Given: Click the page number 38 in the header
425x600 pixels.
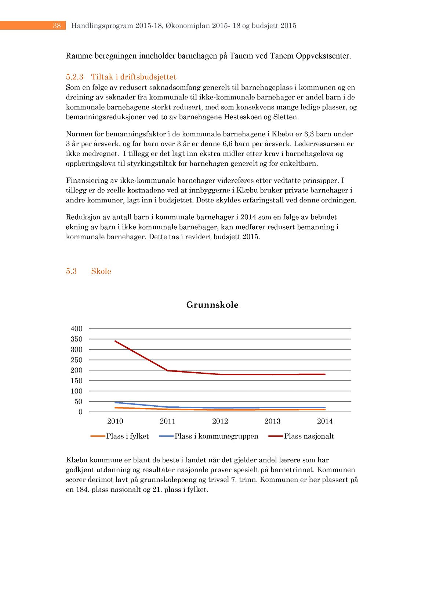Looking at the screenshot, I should pos(57,26).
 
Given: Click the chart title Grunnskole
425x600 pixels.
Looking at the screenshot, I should pos(212,305).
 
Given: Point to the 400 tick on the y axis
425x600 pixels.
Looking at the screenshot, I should pos(77,329).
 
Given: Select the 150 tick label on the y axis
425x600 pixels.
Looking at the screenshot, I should pos(77,381).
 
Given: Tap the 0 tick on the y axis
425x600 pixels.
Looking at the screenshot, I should pos(80,412).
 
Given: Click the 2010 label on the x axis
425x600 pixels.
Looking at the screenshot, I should pos(115,421).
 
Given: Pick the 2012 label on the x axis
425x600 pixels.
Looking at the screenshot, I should pos(220,421).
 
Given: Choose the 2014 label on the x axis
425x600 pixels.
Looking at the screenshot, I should pos(325,421).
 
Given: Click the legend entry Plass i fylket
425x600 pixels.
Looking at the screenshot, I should pos(127,436).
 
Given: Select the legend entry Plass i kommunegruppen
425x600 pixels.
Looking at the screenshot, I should pos(216,436).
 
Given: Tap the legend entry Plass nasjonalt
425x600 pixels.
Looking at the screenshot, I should pos(309,436).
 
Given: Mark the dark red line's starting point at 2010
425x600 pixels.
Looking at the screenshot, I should pos(115,341).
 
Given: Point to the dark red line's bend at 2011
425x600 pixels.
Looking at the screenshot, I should pos(168,371).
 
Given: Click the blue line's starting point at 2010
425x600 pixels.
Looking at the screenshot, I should pos(115,402).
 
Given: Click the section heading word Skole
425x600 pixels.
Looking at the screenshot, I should pos(101,271).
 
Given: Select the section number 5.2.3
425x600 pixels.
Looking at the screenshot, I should pos(75,77).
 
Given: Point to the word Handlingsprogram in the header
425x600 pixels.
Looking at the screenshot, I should pos(102,26).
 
